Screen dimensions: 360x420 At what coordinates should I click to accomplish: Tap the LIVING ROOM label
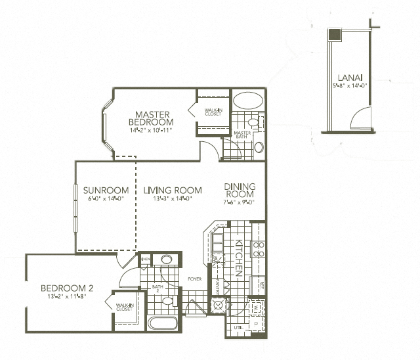pyautogui.click(x=173, y=191)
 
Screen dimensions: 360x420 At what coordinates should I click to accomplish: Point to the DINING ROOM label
pyautogui.click(x=239, y=190)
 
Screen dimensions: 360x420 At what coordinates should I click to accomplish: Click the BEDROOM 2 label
pyautogui.click(x=68, y=288)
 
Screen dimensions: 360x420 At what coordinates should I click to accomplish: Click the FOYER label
pyautogui.click(x=194, y=279)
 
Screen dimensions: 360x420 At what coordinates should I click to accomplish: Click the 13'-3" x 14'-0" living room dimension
pyautogui.click(x=173, y=200)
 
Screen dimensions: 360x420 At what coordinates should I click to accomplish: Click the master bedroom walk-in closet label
pyautogui.click(x=211, y=112)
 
